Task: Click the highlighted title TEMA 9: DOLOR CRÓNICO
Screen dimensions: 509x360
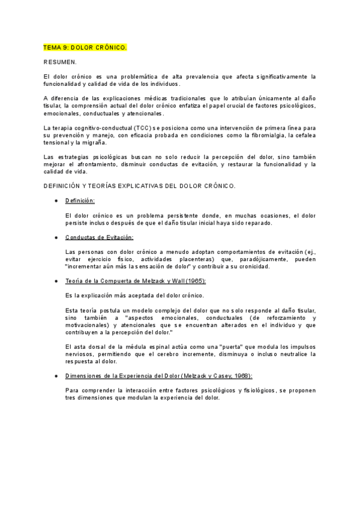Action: [x=85, y=47]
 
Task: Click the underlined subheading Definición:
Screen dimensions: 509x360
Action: [x=80, y=200]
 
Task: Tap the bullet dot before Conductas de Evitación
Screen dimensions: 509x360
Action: [x=56, y=237]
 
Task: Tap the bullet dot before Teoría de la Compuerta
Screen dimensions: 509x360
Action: [x=56, y=281]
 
